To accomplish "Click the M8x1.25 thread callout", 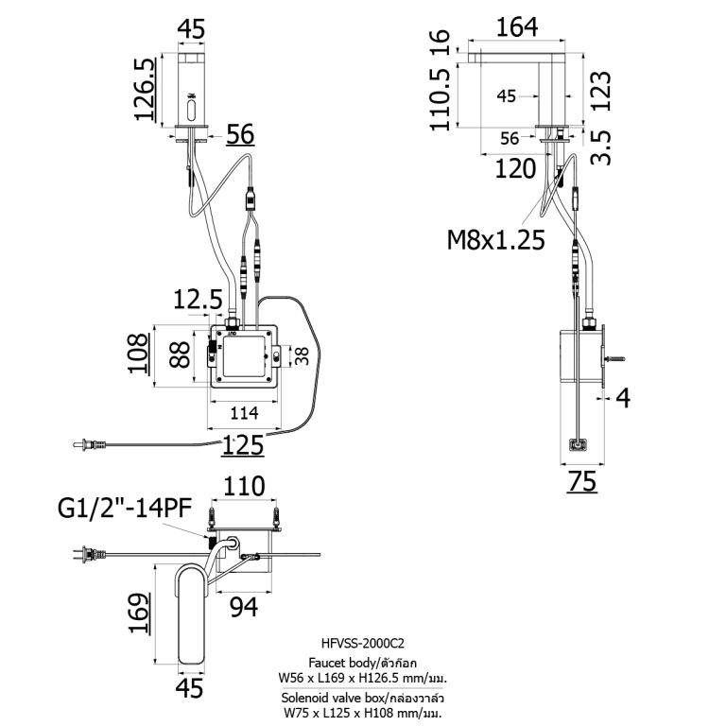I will coord(495,240).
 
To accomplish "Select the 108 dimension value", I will coord(139,354).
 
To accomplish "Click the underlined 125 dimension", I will coord(244,443).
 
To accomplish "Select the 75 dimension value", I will coord(583,482).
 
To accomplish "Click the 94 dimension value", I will coord(243,608).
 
